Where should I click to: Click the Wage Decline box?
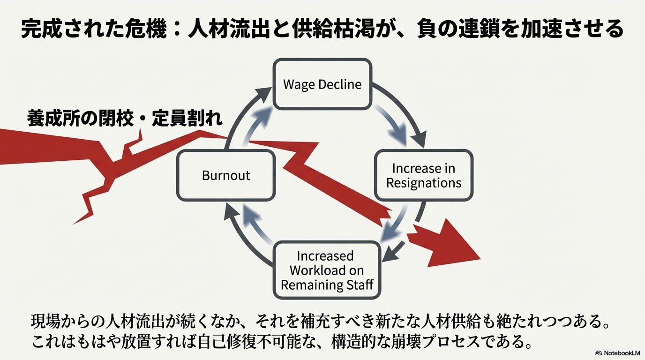point(322,84)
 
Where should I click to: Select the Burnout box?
point(225,175)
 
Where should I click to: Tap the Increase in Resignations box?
point(424,175)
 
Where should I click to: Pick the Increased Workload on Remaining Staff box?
point(327,270)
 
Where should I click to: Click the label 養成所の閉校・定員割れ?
point(124,119)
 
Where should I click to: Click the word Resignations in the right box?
point(424,182)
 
